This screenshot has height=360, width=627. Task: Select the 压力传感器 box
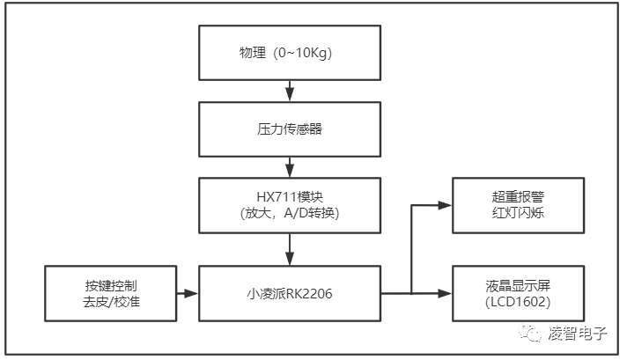pyautogui.click(x=290, y=128)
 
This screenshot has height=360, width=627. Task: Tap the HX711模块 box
pyautogui.click(x=290, y=203)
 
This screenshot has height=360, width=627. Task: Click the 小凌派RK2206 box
pyautogui.click(x=290, y=293)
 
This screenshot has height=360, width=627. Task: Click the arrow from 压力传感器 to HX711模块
pyautogui.click(x=290, y=165)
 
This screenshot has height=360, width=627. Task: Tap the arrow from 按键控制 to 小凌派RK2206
pyautogui.click(x=187, y=293)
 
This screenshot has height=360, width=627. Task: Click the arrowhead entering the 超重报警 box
pyautogui.click(x=446, y=204)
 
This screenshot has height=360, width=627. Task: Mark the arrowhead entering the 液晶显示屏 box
pyautogui.click(x=446, y=293)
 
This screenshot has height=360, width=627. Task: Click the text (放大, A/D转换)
pyautogui.click(x=290, y=212)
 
